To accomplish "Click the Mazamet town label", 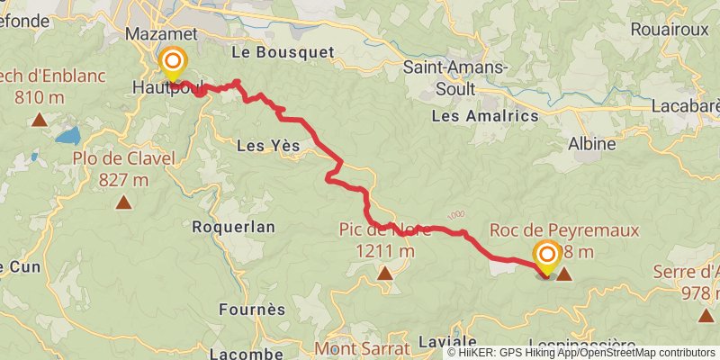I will [x=167, y=32].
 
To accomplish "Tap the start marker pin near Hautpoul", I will [x=172, y=63].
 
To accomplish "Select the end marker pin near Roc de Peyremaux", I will [x=546, y=256].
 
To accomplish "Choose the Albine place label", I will [x=592, y=143].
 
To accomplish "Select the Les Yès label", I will [x=267, y=146].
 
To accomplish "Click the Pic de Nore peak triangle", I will [x=385, y=272].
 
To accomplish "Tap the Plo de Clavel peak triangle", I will [x=123, y=202].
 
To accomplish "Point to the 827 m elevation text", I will [x=123, y=179].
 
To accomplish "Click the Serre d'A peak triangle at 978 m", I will [x=705, y=314].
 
